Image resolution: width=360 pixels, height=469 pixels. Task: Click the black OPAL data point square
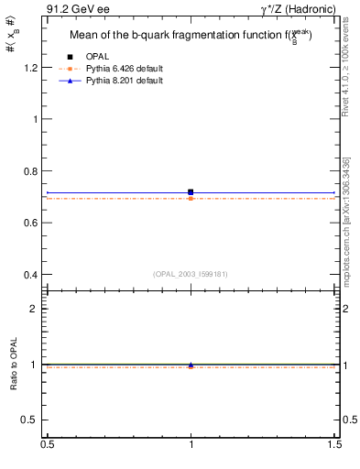click(191, 192)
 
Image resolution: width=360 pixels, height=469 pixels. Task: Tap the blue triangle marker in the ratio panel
click(191, 365)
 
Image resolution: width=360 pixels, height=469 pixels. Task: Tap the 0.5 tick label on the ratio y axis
click(32, 420)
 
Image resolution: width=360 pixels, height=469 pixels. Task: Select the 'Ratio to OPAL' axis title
click(14, 364)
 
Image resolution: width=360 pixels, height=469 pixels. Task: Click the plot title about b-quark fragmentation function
click(191, 36)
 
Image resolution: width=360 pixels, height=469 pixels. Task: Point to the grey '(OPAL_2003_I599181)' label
click(191, 273)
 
